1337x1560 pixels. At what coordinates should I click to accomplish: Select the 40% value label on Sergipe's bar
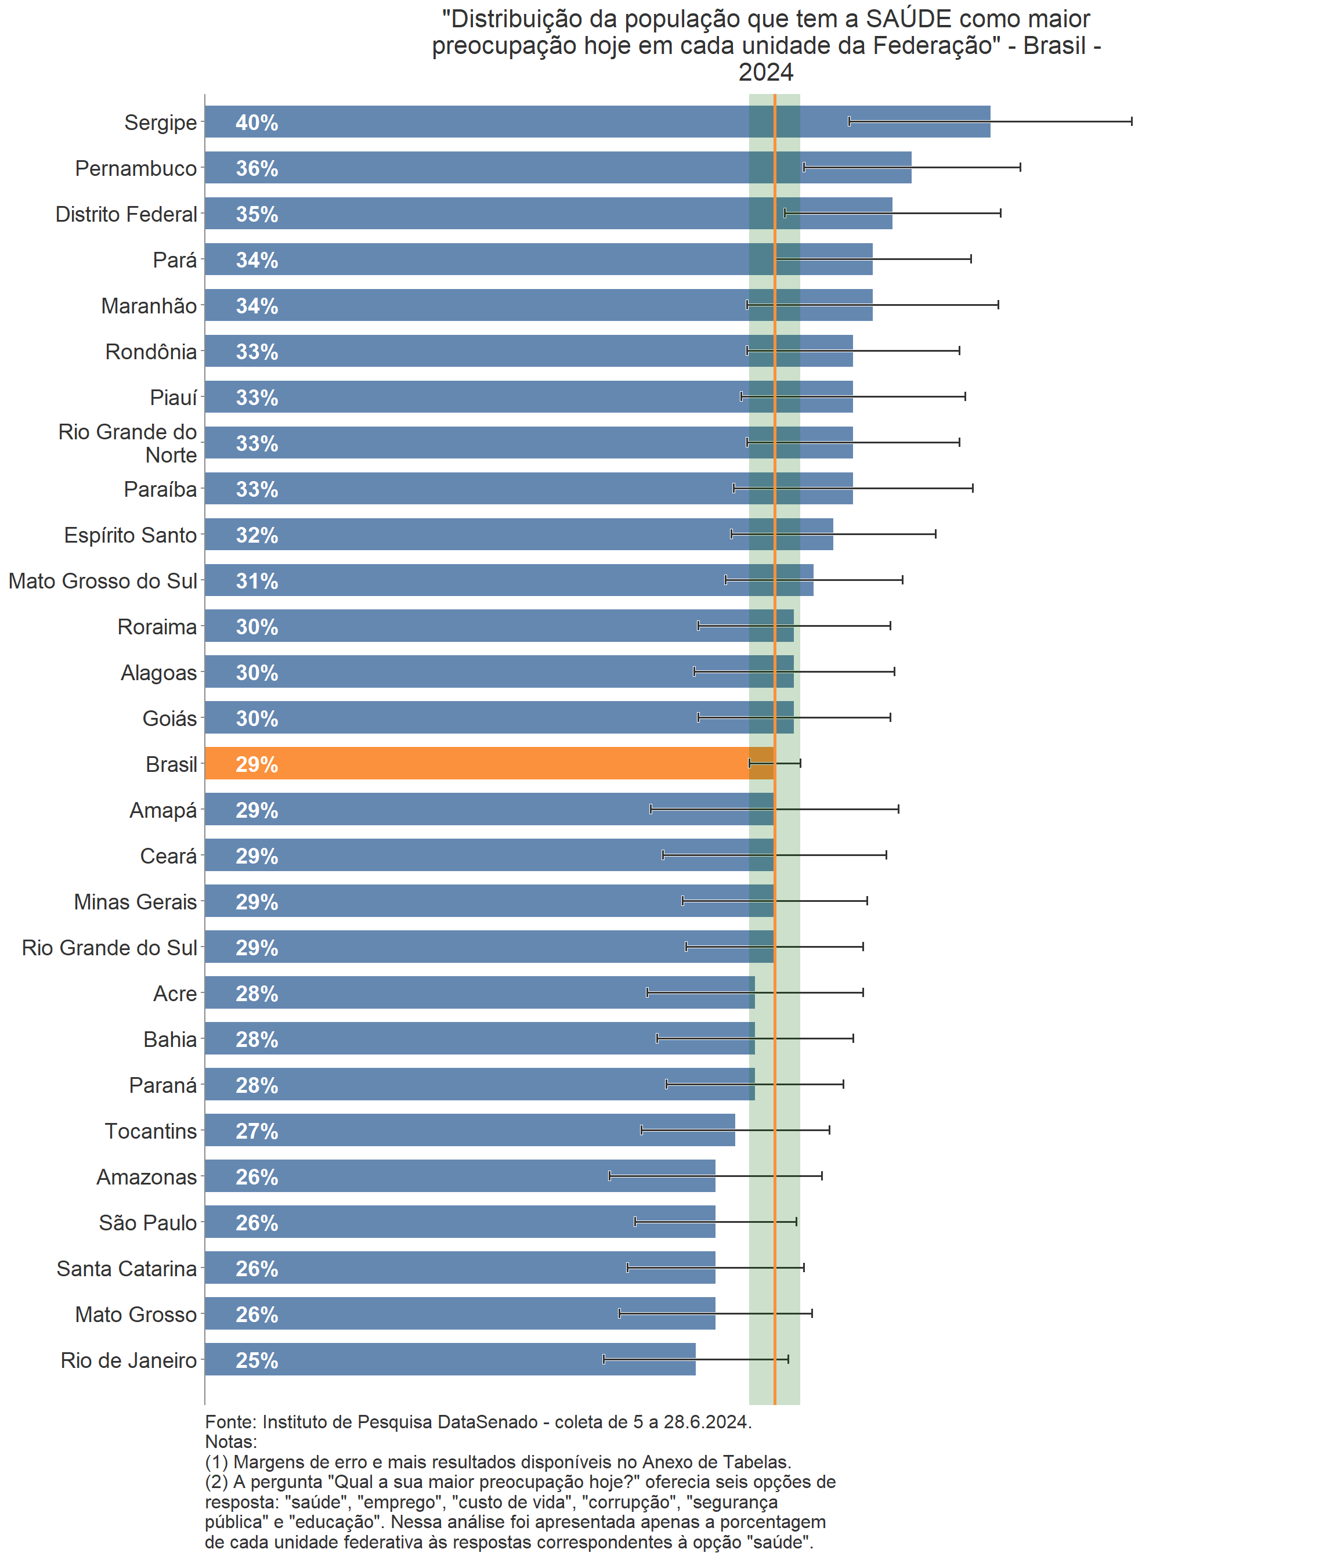point(256,122)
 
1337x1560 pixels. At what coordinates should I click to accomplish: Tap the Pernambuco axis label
point(136,169)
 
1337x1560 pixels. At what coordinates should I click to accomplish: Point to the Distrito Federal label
point(126,215)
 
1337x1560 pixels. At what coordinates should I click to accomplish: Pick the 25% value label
point(256,1360)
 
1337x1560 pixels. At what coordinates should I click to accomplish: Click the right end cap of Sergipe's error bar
point(1131,121)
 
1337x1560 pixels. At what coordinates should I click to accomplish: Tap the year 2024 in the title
point(765,73)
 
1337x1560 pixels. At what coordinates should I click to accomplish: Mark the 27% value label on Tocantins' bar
point(256,1132)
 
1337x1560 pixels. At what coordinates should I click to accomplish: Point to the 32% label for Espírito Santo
point(256,535)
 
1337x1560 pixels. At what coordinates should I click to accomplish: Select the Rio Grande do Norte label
point(128,443)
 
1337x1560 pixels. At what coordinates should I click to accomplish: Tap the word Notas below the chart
point(230,1442)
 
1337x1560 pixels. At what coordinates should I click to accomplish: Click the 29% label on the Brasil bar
point(256,765)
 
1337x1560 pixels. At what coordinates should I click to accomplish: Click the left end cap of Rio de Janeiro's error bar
point(604,1359)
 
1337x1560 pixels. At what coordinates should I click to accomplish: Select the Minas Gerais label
point(136,902)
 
